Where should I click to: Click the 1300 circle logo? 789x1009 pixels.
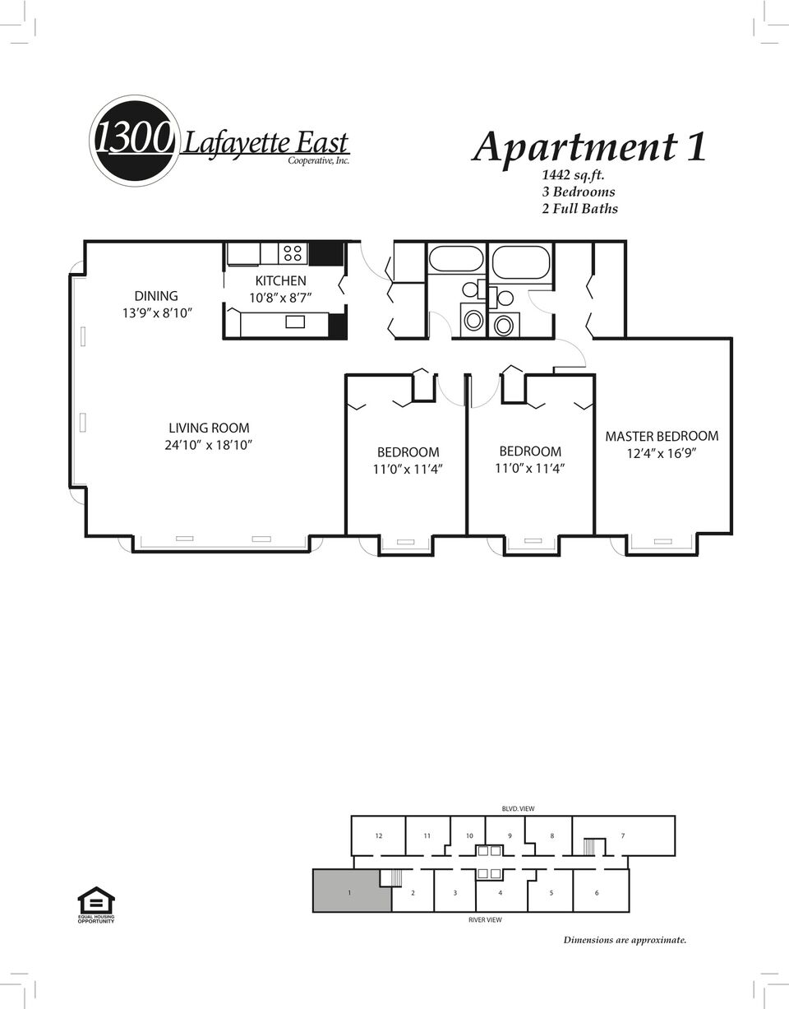134,141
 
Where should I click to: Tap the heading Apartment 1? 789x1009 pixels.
589,146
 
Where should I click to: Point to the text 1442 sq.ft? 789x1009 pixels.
574,175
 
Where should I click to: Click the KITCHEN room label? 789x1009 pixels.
280,280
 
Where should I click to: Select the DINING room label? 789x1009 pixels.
156,296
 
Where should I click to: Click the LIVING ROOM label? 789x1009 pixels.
209,428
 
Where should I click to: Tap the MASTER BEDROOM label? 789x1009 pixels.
662,436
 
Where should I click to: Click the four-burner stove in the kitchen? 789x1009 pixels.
293,253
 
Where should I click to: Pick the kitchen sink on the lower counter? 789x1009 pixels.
295,322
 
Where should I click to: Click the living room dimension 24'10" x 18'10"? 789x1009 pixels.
208,445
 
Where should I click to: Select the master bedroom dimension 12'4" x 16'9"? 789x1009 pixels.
662,453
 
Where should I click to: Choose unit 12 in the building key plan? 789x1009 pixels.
379,835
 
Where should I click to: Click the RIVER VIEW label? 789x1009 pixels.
485,919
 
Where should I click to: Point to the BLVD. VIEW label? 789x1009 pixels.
518,808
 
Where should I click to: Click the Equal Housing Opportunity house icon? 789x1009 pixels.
96,900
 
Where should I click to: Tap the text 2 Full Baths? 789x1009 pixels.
579,209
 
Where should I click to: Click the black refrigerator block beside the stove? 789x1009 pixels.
325,253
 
